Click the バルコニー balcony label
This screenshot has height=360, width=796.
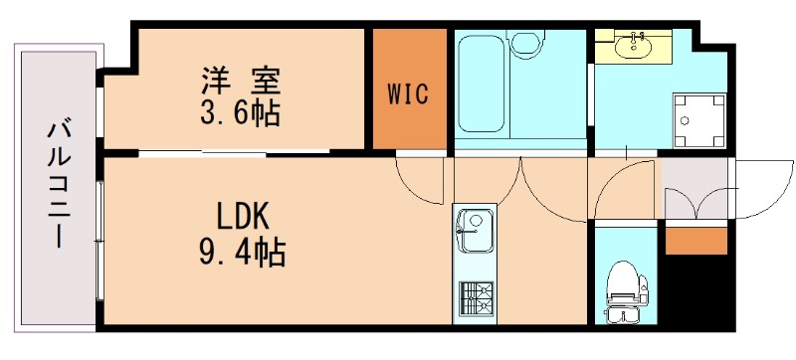[x=58, y=183]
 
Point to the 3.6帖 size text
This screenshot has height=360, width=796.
[x=239, y=112]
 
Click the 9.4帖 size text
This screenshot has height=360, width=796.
[x=238, y=251]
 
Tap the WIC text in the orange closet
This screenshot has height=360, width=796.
[x=409, y=94]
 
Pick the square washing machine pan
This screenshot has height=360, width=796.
[x=696, y=120]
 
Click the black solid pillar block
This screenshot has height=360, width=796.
[x=696, y=290]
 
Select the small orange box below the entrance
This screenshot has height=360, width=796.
[x=696, y=241]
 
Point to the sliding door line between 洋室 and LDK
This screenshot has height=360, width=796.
[x=234, y=152]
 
